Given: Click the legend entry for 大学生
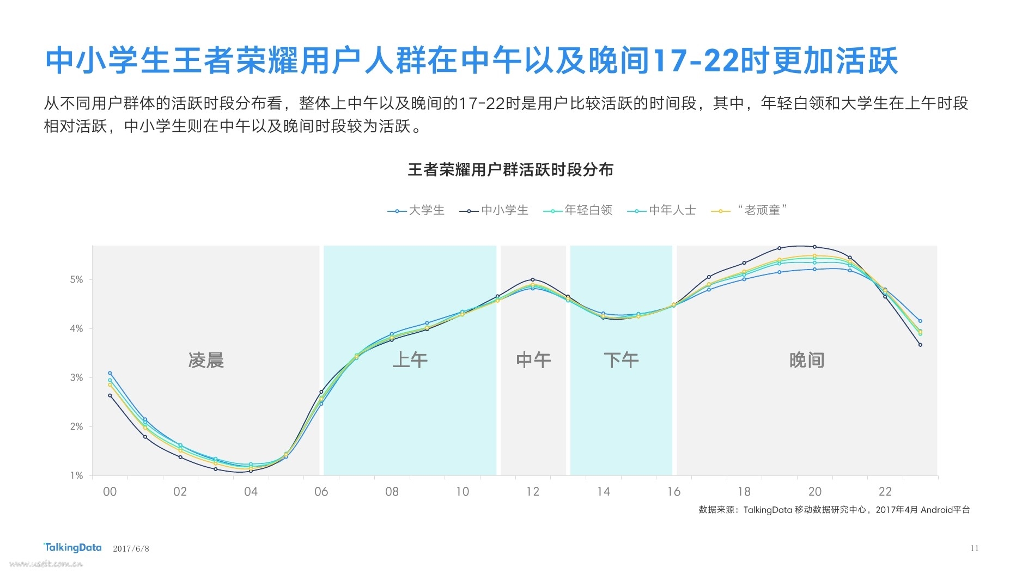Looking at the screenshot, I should pyautogui.click(x=417, y=210).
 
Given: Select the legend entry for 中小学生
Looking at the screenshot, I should pyautogui.click(x=495, y=210).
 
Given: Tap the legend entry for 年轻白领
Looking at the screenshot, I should pyautogui.click(x=579, y=210).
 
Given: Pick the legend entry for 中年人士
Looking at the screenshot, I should pyautogui.click(x=662, y=210).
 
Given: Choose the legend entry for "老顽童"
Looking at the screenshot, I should pyautogui.click(x=751, y=210).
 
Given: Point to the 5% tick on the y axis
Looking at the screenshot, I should pyautogui.click(x=76, y=280).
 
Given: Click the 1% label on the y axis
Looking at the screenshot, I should pyautogui.click(x=76, y=475).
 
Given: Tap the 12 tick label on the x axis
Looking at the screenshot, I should pyautogui.click(x=533, y=492).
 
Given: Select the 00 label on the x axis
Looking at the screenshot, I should pyautogui.click(x=109, y=492).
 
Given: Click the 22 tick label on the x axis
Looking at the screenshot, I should pyautogui.click(x=885, y=492).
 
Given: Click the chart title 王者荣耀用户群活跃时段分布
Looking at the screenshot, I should pyautogui.click(x=510, y=170).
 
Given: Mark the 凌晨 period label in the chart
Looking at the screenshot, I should pyautogui.click(x=206, y=360).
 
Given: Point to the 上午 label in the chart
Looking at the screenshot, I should pyautogui.click(x=410, y=360).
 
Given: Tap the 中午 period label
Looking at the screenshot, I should pyautogui.click(x=533, y=360).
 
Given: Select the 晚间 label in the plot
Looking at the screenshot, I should pyautogui.click(x=806, y=360).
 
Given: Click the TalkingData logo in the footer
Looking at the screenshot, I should pyautogui.click(x=72, y=547).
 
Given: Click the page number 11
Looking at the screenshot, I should pyautogui.click(x=975, y=548).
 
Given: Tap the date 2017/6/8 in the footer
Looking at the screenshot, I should pyautogui.click(x=131, y=548).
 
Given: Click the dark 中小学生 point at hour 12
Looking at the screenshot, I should pyautogui.click(x=533, y=280).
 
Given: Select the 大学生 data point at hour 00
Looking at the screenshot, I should pyautogui.click(x=110, y=374).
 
